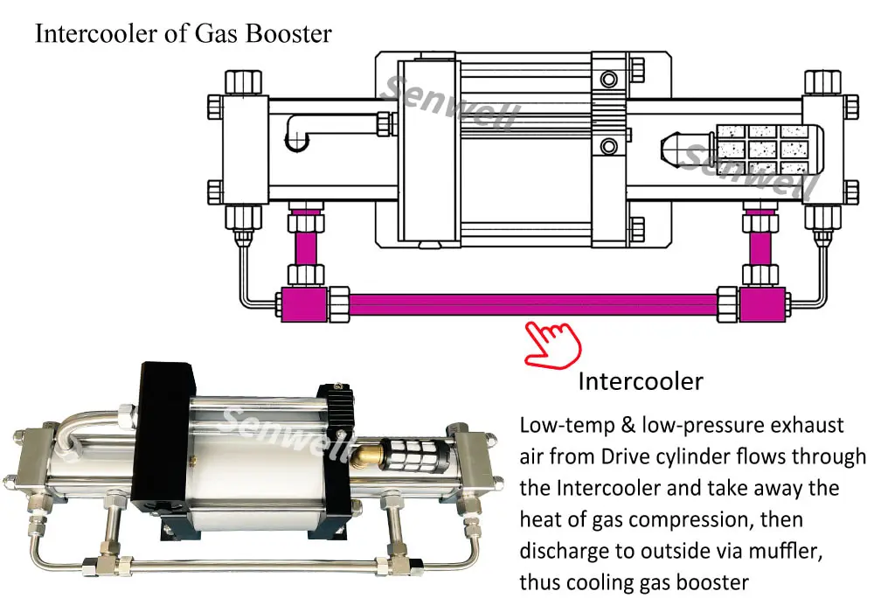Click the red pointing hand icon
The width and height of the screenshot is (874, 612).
(551, 344)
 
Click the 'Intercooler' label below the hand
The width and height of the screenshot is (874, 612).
(641, 382)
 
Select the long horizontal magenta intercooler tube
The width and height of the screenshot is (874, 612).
(533, 305)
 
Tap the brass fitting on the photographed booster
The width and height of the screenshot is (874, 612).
(363, 453)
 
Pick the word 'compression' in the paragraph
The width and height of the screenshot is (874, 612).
(683, 519)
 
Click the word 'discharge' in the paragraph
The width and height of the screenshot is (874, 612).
(559, 551)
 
